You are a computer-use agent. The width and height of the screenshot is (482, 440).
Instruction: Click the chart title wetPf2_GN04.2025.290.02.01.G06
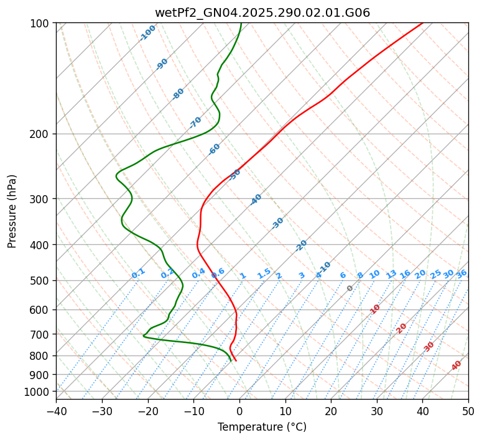(x=262, y=12)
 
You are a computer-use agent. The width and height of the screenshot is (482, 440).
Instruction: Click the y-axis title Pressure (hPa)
(x=12, y=211)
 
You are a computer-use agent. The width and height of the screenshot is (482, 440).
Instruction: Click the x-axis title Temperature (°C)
(x=262, y=427)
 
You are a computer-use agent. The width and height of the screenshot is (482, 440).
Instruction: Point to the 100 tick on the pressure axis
(x=41, y=24)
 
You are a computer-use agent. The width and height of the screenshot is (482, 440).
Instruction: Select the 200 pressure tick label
(x=41, y=134)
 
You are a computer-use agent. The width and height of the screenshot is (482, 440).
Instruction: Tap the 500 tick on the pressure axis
(x=41, y=281)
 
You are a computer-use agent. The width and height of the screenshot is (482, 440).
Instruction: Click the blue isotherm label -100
(x=147, y=33)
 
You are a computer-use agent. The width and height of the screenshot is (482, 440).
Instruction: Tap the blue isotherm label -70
(x=195, y=122)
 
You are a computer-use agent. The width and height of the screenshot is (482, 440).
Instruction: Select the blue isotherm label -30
(x=277, y=223)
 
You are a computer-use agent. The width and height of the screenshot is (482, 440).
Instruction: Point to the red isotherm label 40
(x=457, y=365)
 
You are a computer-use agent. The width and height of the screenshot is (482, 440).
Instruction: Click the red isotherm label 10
(x=374, y=309)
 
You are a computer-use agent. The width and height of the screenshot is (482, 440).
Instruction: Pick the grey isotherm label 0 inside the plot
(x=350, y=288)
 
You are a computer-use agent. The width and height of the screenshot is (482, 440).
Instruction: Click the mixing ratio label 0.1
(x=138, y=273)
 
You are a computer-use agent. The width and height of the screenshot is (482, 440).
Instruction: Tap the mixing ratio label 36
(x=461, y=273)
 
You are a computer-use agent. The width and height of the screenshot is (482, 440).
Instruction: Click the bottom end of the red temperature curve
(x=236, y=361)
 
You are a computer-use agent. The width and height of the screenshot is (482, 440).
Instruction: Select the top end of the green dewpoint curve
(x=241, y=23)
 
